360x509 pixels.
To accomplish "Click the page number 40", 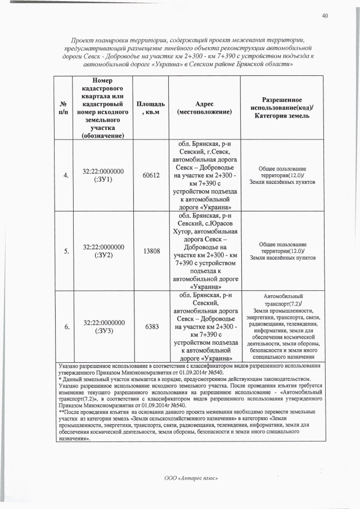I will [325, 15].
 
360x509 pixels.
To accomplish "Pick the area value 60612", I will [152, 175].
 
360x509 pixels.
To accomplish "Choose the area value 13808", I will [152, 251].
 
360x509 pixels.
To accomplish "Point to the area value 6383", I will [152, 327].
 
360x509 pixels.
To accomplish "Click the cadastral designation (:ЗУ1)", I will [103, 180].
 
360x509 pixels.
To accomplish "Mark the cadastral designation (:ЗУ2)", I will [103, 256].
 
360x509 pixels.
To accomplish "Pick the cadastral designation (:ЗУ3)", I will [103, 331].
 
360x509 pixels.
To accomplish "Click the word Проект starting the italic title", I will [82, 40].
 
